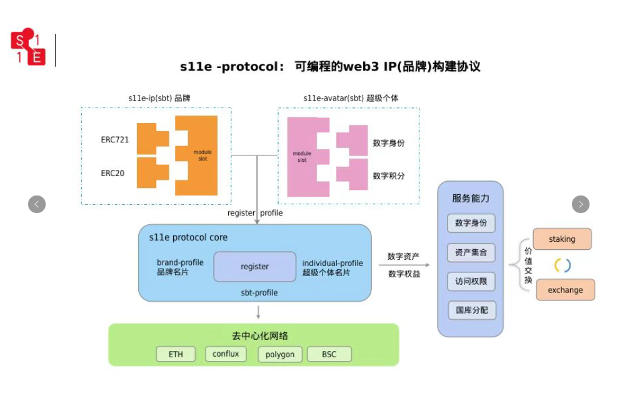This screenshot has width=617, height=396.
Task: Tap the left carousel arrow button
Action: [x=37, y=204]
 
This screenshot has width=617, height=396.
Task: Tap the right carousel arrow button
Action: [x=581, y=204]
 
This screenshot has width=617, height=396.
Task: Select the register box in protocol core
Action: [x=255, y=267]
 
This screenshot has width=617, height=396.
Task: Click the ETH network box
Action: [x=176, y=354]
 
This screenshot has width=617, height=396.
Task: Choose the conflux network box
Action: [x=226, y=354]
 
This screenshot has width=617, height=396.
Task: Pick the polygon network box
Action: [x=279, y=354]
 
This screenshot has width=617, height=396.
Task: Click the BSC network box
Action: [x=329, y=354]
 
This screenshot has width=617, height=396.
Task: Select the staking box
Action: [x=562, y=239]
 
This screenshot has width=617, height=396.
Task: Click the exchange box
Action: [x=565, y=290]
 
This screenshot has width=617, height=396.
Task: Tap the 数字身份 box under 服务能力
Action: [x=471, y=223]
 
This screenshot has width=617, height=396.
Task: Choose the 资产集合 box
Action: [x=471, y=253]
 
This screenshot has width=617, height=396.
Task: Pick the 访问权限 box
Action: [x=471, y=282]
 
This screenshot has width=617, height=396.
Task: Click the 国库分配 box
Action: [x=471, y=310]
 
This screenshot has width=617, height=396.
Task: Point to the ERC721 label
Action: [x=114, y=140]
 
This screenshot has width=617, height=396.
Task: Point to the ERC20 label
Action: [x=113, y=173]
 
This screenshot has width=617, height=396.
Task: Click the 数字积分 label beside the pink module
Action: [x=389, y=176]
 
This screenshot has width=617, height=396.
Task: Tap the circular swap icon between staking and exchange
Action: [x=563, y=265]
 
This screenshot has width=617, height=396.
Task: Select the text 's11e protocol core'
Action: [x=188, y=237]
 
